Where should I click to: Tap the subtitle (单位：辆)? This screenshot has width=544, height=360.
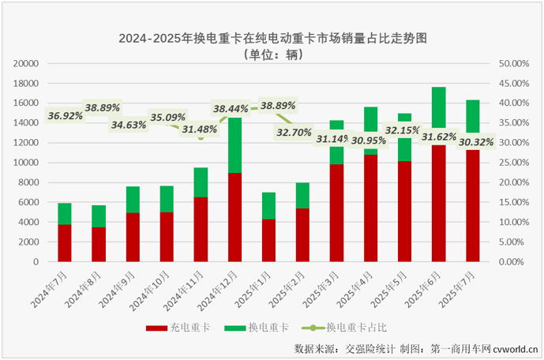pyautogui.click(x=272, y=55)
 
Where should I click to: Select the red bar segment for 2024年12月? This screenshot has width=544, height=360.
pyautogui.click(x=234, y=216)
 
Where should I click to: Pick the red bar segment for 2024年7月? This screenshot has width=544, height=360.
pyautogui.click(x=65, y=242)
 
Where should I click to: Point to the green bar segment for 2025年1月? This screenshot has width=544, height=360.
pyautogui.click(x=268, y=205)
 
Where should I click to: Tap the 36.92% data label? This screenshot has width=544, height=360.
pyautogui.click(x=65, y=116)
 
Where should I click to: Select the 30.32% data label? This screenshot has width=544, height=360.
pyautogui.click(x=471, y=142)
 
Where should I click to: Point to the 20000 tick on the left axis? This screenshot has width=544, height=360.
pyautogui.click(x=27, y=63)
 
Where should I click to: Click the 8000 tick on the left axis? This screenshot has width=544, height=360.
pyautogui.click(x=30, y=182)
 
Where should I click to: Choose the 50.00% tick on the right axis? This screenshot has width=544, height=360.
pyautogui.click(x=514, y=63)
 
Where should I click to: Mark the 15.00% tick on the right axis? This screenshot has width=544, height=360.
pyautogui.click(x=514, y=202)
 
